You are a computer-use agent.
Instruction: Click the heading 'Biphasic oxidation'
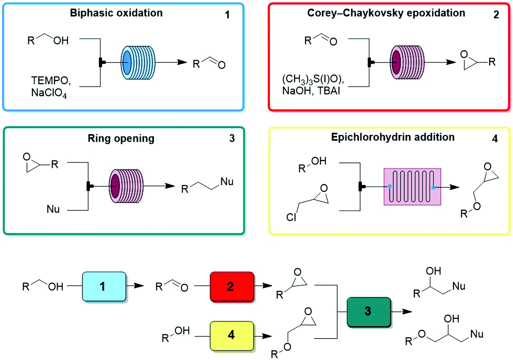coord(116,13)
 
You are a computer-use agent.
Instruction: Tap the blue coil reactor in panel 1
coord(138,62)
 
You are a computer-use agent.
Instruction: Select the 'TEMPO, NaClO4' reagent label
coord(51,87)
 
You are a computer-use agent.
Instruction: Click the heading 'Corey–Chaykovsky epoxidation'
coord(386,13)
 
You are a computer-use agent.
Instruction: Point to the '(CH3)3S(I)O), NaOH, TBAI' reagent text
coord(313,85)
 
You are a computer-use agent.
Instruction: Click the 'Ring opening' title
coord(121,139)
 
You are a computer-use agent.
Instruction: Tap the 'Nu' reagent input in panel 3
coord(53,209)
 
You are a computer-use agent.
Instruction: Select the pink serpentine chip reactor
coord(412,187)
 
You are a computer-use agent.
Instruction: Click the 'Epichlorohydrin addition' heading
coord(392,137)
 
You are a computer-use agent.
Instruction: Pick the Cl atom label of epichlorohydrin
coord(291,217)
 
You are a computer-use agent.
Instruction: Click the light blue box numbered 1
coord(104,286)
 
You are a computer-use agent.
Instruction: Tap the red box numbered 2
coord(232,286)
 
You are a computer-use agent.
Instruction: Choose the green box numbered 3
coord(368,312)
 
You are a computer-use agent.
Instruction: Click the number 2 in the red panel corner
coord(496,15)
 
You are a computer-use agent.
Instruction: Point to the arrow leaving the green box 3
coord(402,312)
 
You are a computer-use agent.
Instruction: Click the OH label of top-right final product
coord(433,271)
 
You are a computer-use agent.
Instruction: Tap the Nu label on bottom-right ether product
coord(476,334)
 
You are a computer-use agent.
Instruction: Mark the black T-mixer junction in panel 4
coord(361,187)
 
